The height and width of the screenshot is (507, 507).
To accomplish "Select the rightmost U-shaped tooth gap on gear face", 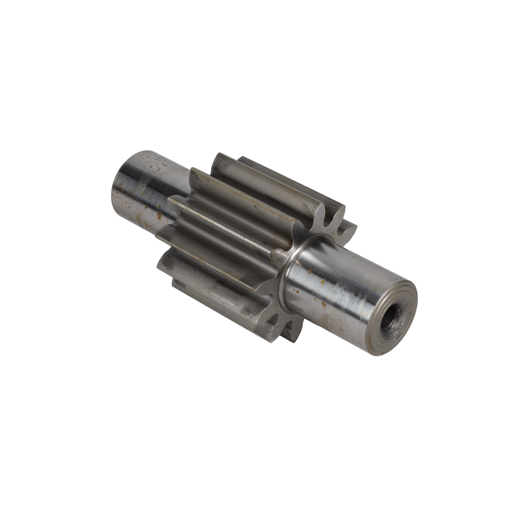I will tap(341, 231).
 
